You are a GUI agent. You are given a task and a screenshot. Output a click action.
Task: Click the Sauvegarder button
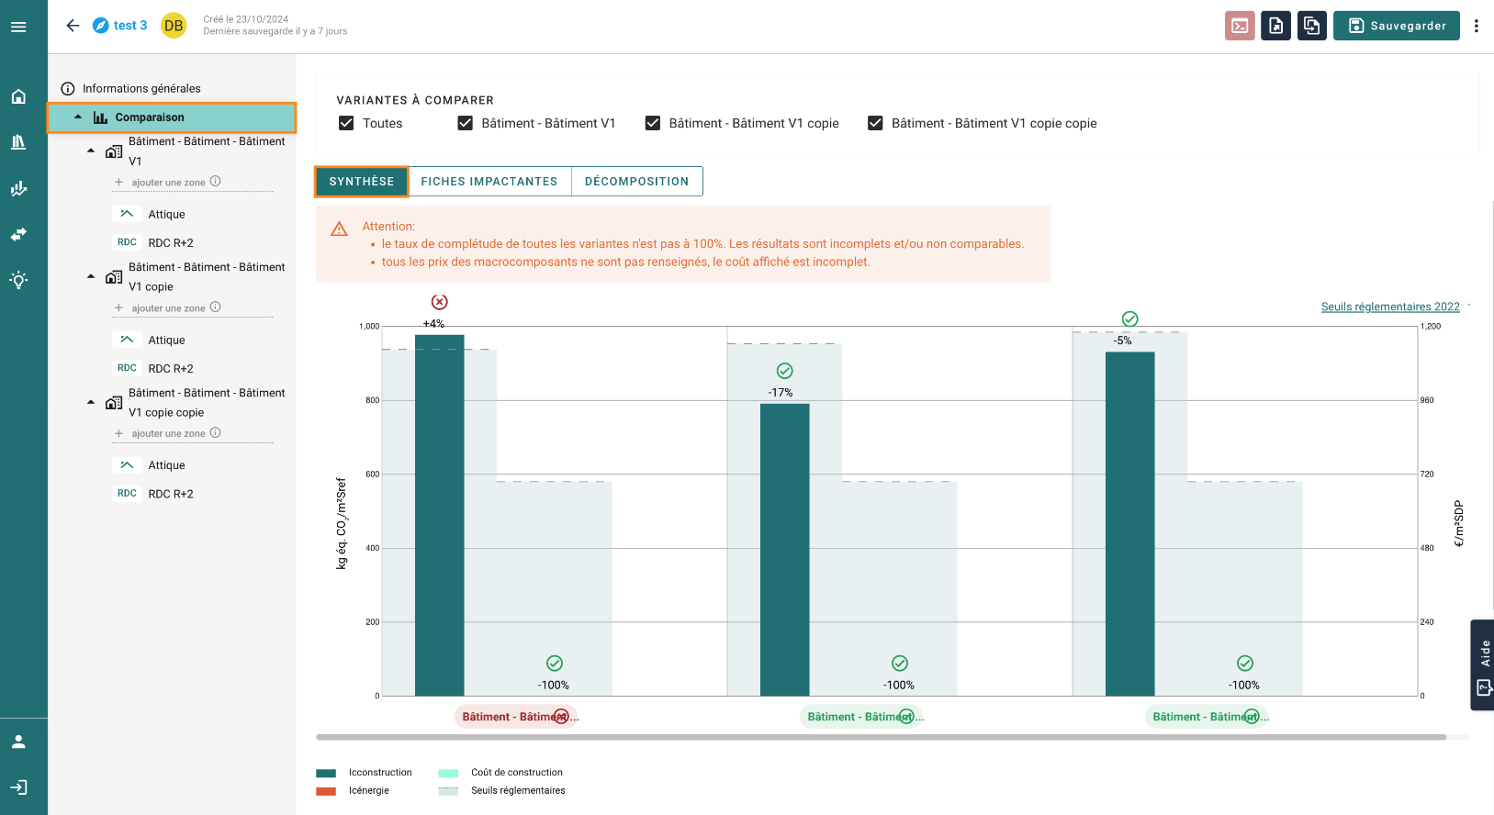pos(1396,26)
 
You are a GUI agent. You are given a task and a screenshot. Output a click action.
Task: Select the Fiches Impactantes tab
pos(489,181)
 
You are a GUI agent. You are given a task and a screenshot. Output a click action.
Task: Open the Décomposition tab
pos(636,181)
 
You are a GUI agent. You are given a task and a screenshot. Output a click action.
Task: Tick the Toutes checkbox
pos(346,123)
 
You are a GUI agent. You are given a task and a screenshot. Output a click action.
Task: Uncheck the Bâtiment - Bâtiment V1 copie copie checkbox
pos(875,123)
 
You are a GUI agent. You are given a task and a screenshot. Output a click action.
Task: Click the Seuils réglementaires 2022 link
pos(1390,307)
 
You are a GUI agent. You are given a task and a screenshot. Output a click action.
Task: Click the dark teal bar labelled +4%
pos(440,515)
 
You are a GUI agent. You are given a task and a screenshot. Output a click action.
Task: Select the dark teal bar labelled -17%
pos(785,550)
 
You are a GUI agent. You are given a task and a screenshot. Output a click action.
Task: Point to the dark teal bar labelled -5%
pos(1129,524)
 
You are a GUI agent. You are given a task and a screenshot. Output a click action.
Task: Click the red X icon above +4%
pos(440,302)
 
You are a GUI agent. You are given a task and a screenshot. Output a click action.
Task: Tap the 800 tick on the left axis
pos(372,400)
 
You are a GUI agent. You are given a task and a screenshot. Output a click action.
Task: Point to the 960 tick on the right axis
pos(1427,400)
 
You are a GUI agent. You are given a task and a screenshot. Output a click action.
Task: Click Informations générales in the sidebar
pos(141,89)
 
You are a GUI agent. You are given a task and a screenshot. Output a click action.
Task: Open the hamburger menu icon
pos(18,27)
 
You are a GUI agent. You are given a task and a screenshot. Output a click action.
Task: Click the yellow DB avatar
pos(174,26)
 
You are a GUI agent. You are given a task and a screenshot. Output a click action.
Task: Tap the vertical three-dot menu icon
pos(1476,26)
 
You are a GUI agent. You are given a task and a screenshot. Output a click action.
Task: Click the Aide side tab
pos(1483,665)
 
